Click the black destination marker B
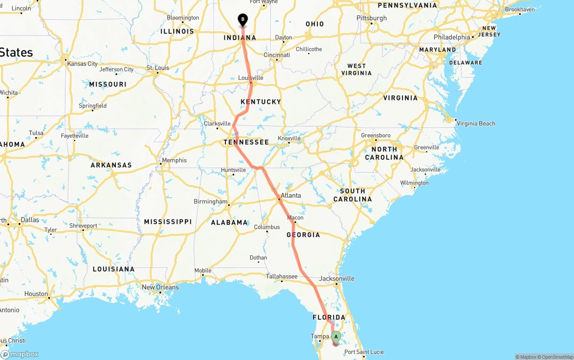243,20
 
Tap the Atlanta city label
291,195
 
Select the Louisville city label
251,78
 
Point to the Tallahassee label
282,277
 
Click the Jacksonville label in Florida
337,278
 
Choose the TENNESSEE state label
246,142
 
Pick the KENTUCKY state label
261,102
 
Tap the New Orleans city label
160,287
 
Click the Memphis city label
174,160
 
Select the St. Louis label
158,68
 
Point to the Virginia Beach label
476,123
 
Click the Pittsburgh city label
372,18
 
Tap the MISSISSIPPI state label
168,221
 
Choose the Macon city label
296,218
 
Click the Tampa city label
320,336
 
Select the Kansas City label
83,64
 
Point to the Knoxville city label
289,139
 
